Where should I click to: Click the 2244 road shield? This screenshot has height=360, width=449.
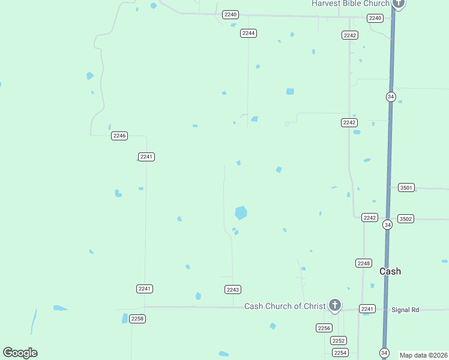pos(249,33)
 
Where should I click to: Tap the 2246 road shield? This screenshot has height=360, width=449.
pos(119,136)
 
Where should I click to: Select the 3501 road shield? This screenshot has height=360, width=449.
pos(406,188)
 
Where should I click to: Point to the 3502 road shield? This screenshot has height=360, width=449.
pos(406,219)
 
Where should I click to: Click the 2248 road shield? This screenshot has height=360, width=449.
pos(364,263)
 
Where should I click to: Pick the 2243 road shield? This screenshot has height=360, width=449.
pos(233,290)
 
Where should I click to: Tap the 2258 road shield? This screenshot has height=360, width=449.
pos(137,319)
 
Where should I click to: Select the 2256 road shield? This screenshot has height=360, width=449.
pos(324,328)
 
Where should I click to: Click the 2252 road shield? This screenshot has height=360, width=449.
pos(339,340)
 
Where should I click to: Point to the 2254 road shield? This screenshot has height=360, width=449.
pos(340,352)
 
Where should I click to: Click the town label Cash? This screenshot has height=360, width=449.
pos(390,271)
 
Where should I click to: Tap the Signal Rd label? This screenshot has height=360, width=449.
pos(405,310)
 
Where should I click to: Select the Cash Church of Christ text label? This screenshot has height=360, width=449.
pos(285,306)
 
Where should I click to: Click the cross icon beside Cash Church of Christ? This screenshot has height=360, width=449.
pos(334,305)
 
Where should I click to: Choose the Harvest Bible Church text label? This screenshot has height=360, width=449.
pos(350,4)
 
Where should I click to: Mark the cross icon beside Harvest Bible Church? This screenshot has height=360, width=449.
pos(399,4)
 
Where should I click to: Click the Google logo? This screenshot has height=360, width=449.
pos(20,353)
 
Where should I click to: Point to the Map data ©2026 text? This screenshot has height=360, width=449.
pos(423,355)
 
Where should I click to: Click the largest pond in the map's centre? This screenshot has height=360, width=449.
pos(241,212)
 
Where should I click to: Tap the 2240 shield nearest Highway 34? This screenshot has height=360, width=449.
pos(375,18)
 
